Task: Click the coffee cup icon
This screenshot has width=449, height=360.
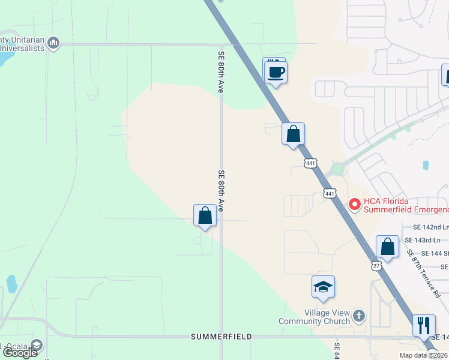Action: click(276, 73)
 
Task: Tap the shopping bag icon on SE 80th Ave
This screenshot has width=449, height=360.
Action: click(205, 215)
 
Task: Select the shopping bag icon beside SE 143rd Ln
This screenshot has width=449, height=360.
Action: click(388, 247)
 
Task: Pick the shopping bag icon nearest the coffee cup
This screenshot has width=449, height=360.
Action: click(294, 134)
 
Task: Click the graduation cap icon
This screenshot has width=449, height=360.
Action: click(323, 287)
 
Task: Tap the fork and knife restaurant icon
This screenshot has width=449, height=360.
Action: click(424, 325)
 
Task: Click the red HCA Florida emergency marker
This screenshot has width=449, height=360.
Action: click(354, 205)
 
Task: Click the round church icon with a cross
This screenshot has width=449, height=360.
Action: click(359, 316)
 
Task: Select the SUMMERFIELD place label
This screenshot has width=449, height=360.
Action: click(221, 337)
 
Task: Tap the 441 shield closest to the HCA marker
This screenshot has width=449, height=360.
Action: click(330, 193)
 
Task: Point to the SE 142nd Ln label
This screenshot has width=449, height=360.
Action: click(430, 227)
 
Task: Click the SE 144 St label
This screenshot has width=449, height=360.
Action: click(435, 254)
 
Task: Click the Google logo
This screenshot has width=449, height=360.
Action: click(20, 353)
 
